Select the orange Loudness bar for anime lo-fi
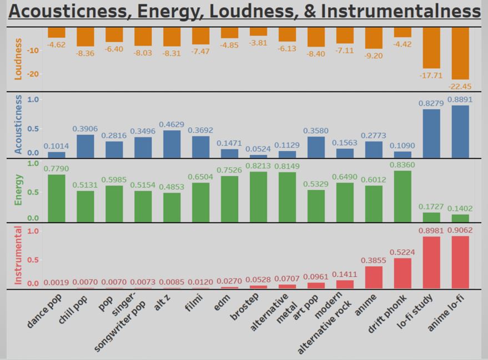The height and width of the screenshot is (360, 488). (460, 53)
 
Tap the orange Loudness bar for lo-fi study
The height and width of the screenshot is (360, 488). (431, 48)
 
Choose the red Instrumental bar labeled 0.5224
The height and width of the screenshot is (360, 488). (403, 273)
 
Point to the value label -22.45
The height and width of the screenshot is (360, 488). (460, 86)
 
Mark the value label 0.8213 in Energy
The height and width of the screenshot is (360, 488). (258, 165)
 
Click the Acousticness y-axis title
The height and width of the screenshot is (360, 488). (18, 124)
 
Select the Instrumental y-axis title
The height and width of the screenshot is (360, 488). (18, 255)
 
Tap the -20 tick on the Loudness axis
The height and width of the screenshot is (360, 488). (33, 74)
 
